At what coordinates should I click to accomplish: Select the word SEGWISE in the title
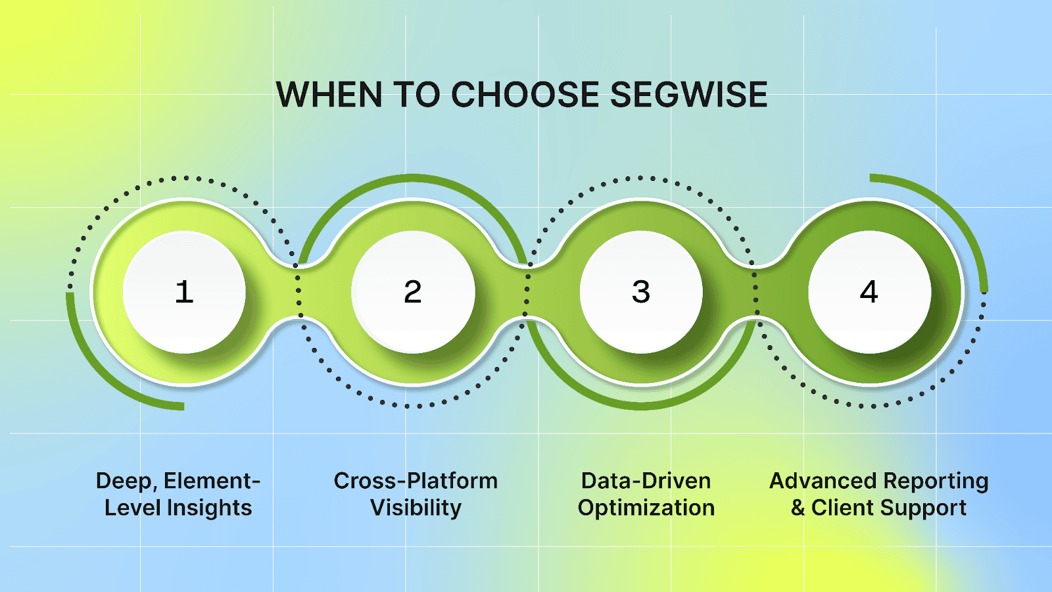(688, 95)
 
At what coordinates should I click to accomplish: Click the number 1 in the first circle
(184, 292)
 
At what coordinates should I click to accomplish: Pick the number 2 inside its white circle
(413, 292)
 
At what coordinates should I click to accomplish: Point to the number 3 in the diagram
(641, 292)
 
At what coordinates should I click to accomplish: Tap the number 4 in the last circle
(869, 292)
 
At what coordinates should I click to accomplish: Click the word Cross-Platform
(416, 481)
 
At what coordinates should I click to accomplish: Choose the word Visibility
(416, 508)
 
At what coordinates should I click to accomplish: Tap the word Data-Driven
(646, 481)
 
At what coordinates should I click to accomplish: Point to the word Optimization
(646, 508)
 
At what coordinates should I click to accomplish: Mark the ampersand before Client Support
(798, 508)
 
